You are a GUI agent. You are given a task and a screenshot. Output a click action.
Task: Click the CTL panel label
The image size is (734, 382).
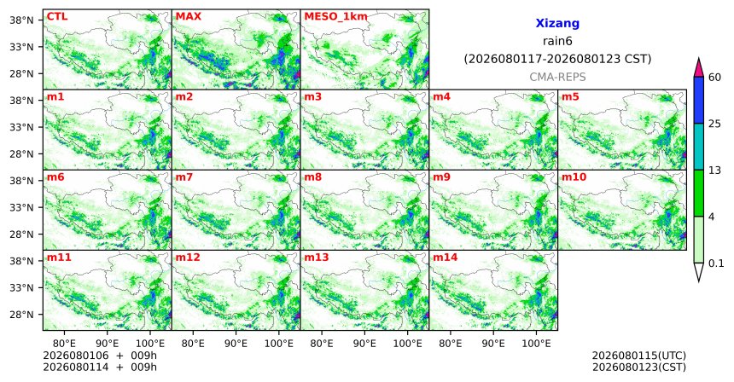[x=57, y=17]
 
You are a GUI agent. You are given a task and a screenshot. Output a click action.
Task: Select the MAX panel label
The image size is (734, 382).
[x=188, y=17]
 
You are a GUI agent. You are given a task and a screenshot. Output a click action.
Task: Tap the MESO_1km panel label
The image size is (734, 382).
[x=335, y=17]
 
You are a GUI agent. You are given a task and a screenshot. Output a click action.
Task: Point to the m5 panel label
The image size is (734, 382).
[x=570, y=97]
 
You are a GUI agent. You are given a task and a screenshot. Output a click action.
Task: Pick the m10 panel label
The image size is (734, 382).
[x=574, y=177]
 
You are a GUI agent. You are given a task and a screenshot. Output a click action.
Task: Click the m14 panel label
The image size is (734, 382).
[x=446, y=258]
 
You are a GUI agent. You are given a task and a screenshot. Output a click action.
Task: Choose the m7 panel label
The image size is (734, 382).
[x=184, y=177]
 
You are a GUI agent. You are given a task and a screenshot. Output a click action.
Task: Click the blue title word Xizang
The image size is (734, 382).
[x=557, y=23]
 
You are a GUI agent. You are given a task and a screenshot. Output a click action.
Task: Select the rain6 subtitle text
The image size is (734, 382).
[x=557, y=41]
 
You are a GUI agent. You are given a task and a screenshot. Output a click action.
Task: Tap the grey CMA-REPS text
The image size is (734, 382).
[x=557, y=77]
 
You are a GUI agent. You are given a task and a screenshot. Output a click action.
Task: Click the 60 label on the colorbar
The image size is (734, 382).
[x=714, y=77]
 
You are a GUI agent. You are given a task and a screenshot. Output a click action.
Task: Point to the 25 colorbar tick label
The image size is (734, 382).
[x=714, y=124]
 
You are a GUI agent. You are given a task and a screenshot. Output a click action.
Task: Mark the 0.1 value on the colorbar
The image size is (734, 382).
[x=716, y=263]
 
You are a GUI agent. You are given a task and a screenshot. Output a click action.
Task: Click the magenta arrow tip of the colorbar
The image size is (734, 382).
[x=699, y=59]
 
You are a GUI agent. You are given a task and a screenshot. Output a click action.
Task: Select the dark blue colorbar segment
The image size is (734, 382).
[x=699, y=100]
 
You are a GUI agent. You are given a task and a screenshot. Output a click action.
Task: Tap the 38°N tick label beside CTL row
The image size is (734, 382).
[x=21, y=20]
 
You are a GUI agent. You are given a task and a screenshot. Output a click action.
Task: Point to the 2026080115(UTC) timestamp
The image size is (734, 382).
[x=639, y=356]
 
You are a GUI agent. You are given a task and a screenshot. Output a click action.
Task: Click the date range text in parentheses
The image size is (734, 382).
[x=557, y=60]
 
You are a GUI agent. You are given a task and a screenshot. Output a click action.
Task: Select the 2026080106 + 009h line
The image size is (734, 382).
[x=100, y=356]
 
